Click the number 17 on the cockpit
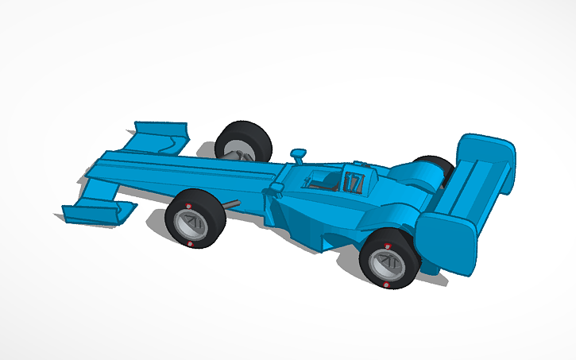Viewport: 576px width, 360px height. pos(354,184)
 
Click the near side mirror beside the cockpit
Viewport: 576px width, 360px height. pos(277,188)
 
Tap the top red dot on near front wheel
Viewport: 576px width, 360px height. pos(189,208)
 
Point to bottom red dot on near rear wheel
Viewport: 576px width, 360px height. pos(386,283)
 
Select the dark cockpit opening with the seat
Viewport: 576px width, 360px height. pos(322,181)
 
